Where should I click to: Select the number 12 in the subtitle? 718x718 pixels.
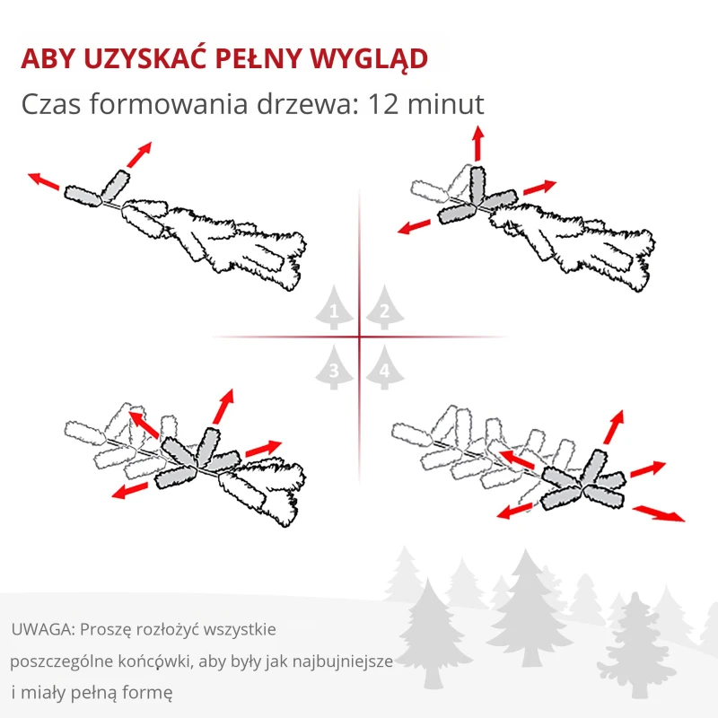point(375,104)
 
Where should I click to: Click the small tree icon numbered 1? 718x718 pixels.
point(334,310)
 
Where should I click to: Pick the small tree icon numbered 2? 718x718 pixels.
point(384,310)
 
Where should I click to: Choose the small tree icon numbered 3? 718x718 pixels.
point(334,368)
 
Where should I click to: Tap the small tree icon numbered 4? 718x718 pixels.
point(384,368)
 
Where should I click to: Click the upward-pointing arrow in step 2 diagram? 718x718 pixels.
point(477,144)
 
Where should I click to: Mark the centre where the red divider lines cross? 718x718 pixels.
point(359,337)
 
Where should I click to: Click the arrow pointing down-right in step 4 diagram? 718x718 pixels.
point(659,513)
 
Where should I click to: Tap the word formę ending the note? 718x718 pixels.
point(149,693)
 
